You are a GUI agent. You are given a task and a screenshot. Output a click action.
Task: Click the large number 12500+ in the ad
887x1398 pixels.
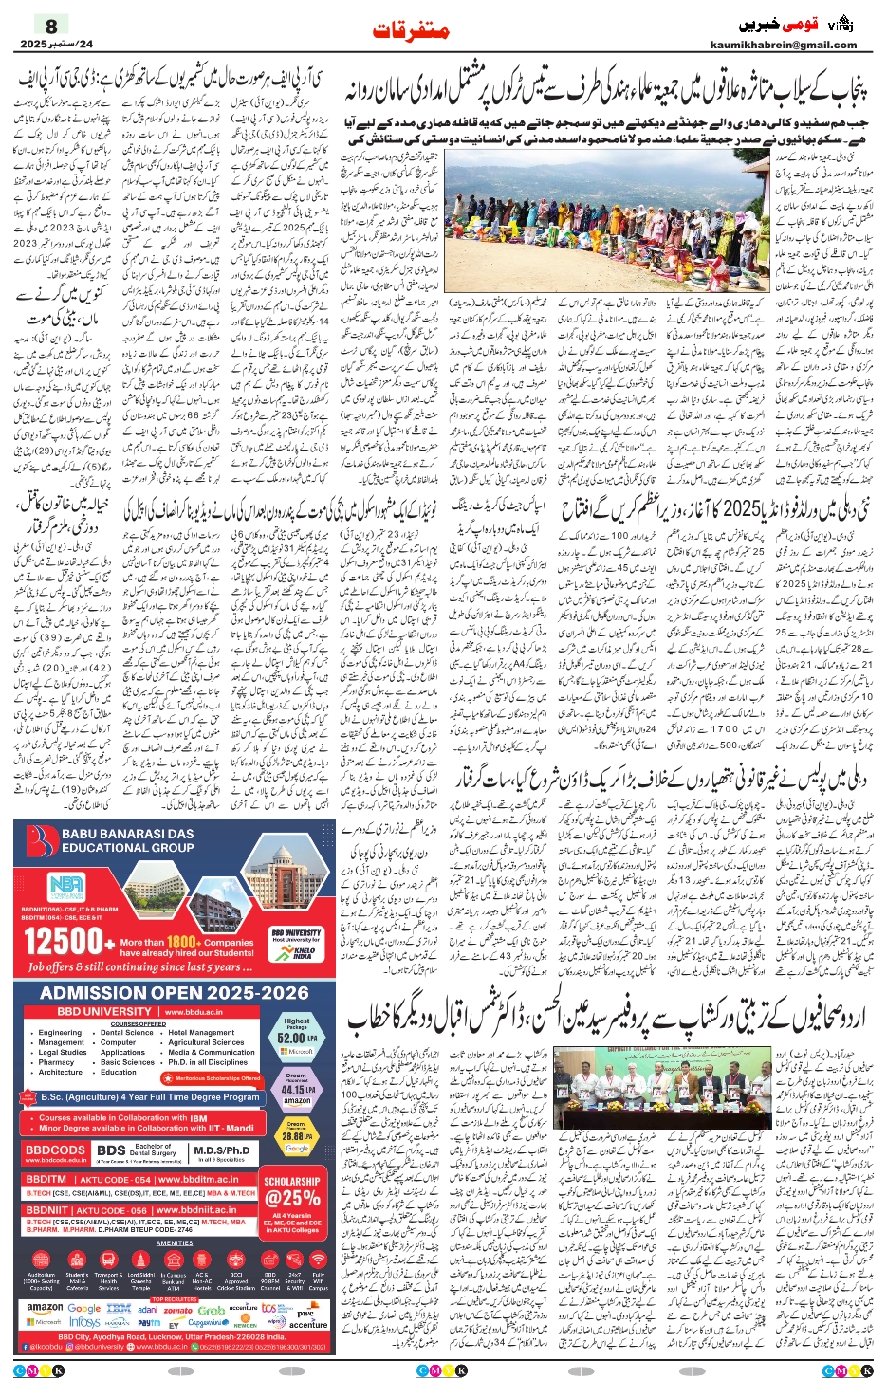(63, 942)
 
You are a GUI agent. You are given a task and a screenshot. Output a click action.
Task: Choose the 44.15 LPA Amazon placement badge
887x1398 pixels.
(297, 1090)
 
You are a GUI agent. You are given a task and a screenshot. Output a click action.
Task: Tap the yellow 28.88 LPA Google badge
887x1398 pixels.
(297, 1135)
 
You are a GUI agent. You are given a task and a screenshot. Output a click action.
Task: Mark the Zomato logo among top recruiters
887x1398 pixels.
(177, 1310)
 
